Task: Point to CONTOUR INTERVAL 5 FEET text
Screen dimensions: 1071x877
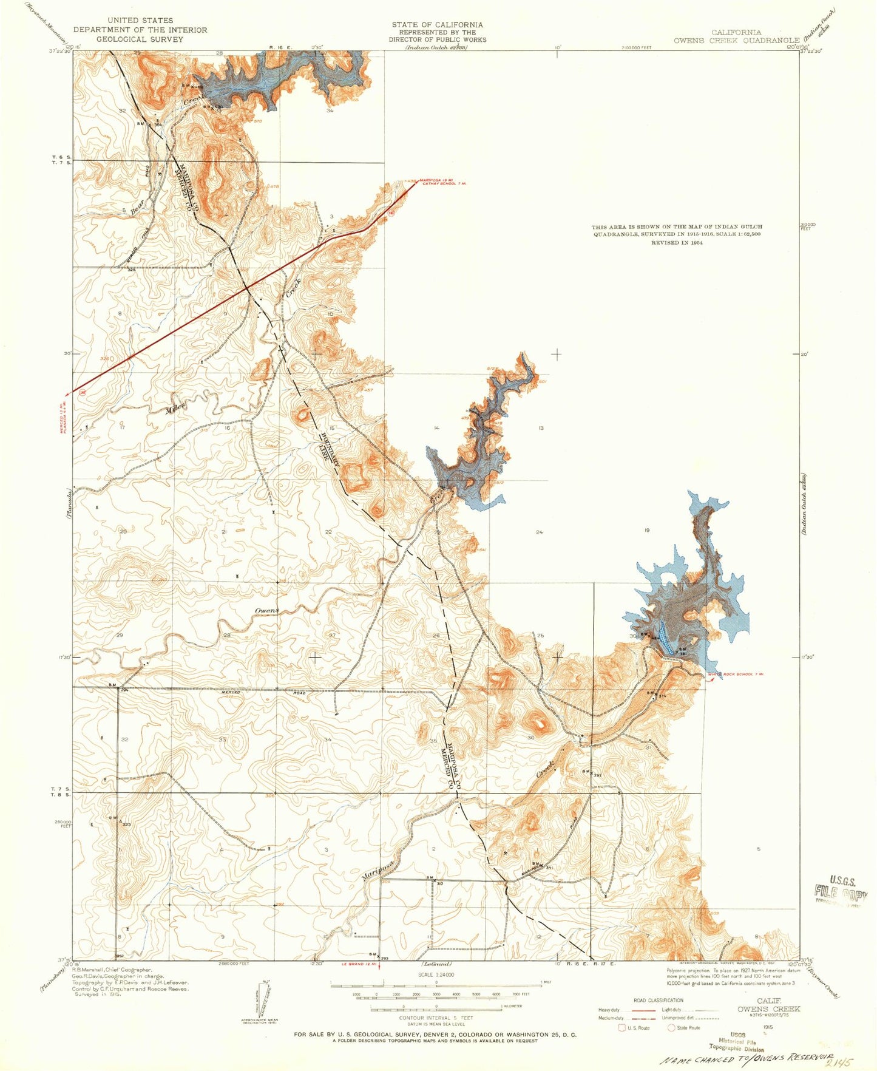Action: (436, 1018)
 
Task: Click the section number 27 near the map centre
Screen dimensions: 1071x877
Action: (332, 635)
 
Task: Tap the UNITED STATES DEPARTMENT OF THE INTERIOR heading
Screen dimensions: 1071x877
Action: (140, 29)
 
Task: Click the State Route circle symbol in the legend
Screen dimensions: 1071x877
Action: (671, 1027)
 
